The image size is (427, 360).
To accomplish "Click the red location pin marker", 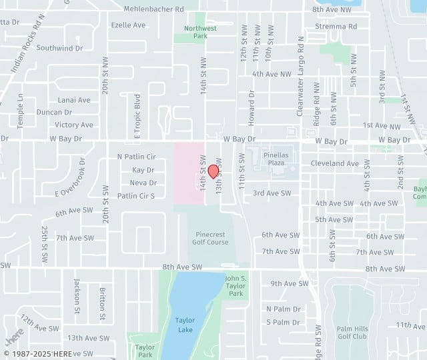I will click(213, 171).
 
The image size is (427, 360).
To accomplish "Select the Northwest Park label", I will click(201, 32).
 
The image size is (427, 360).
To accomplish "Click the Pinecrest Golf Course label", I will click(211, 238).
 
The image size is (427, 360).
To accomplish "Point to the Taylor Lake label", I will click(185, 324).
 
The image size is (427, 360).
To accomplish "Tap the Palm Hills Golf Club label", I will click(352, 333).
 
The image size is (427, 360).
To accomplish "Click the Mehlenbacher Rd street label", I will click(153, 9).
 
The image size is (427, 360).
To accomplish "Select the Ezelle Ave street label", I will click(128, 25).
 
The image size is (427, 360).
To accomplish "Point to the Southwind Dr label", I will click(59, 48).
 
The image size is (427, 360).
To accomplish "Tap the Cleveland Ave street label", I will click(334, 163).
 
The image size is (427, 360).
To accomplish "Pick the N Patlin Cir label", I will click(136, 157).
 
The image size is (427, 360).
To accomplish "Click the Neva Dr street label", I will click(143, 183).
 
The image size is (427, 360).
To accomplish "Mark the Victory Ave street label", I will click(73, 125).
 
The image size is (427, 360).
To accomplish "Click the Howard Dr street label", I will click(252, 104).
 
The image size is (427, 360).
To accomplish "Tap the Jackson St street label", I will click(78, 296).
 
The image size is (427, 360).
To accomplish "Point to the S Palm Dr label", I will click(283, 322).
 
